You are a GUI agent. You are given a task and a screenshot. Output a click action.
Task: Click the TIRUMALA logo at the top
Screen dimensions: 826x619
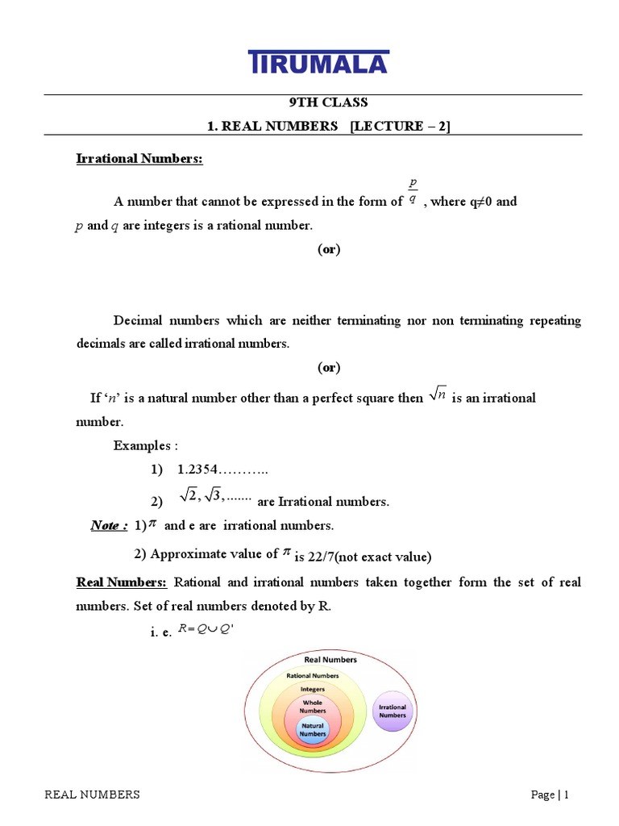[318, 63]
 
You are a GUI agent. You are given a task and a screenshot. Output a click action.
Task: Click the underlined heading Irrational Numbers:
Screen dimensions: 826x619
[139, 159]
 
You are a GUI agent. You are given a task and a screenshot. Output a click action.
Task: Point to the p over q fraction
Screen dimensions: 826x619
[413, 194]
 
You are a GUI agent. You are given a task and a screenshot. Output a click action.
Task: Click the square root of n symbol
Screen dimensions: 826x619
[438, 395]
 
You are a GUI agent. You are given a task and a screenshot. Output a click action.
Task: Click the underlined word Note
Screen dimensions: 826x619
[108, 526]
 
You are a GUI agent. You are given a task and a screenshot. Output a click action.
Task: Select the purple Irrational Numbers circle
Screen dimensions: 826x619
[393, 711]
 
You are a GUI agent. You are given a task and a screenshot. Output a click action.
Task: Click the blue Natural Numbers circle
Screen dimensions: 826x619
[313, 730]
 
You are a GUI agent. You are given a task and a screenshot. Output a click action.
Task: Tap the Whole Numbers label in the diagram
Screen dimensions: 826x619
[313, 707]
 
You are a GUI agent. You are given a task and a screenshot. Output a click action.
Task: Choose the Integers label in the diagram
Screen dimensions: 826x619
[313, 690]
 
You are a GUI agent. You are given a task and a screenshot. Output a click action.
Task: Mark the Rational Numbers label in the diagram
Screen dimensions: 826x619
[313, 675]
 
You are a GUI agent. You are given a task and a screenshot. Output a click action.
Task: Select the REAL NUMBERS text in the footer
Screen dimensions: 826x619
[92, 795]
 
